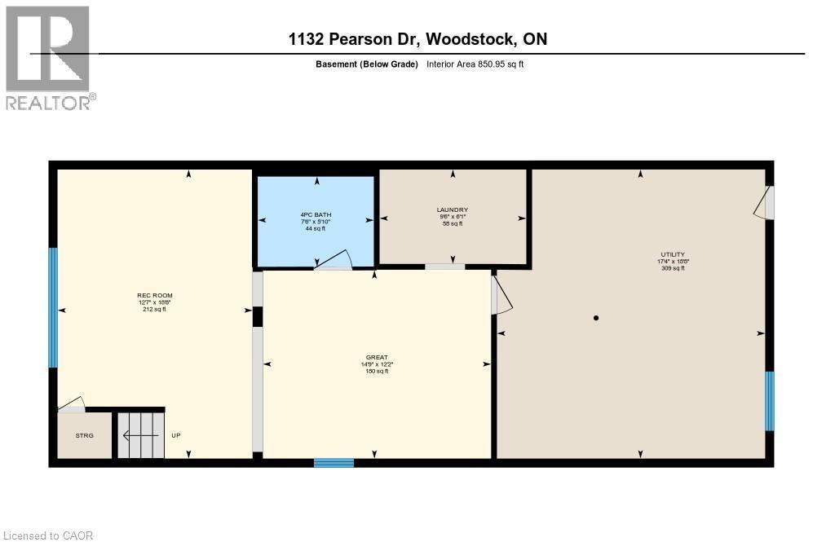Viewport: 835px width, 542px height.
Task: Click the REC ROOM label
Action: pyautogui.click(x=154, y=295)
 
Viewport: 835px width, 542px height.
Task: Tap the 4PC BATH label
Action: pyautogui.click(x=316, y=214)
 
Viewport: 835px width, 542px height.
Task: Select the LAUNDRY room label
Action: pyautogui.click(x=453, y=209)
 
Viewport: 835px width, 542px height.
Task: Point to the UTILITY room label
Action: pyautogui.click(x=673, y=254)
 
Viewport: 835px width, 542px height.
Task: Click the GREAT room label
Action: pyautogui.click(x=376, y=356)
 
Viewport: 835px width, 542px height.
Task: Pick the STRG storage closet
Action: pyautogui.click(x=85, y=435)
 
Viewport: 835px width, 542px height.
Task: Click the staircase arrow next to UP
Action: pyautogui.click(x=139, y=435)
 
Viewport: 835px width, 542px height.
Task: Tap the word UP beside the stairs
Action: pyautogui.click(x=175, y=435)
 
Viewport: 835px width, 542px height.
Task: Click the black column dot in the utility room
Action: pyautogui.click(x=597, y=318)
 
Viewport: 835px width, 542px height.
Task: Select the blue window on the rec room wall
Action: pyautogui.click(x=54, y=308)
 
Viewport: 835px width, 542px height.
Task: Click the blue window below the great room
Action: pyautogui.click(x=334, y=463)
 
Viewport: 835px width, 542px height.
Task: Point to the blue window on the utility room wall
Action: pyautogui.click(x=769, y=400)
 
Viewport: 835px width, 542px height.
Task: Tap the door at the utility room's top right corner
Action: pyautogui.click(x=764, y=203)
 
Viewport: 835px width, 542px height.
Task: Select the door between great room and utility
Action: pyautogui.click(x=501, y=294)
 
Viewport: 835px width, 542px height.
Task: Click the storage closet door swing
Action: pyautogui.click(x=71, y=403)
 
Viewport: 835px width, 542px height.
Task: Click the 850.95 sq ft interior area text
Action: pyautogui.click(x=475, y=64)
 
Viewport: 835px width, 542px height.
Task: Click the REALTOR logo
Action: pyautogui.click(x=48, y=57)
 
